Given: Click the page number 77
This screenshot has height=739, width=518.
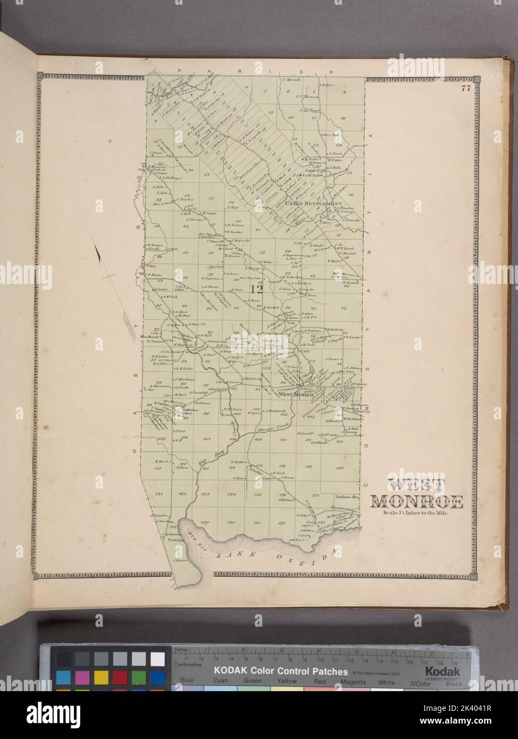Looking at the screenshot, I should [x=466, y=89].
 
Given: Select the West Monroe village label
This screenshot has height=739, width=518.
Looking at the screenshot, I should [x=287, y=394].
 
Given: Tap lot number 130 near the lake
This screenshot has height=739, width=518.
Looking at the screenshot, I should [x=231, y=523].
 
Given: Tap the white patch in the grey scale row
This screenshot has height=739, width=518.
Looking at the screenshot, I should [x=157, y=659].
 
